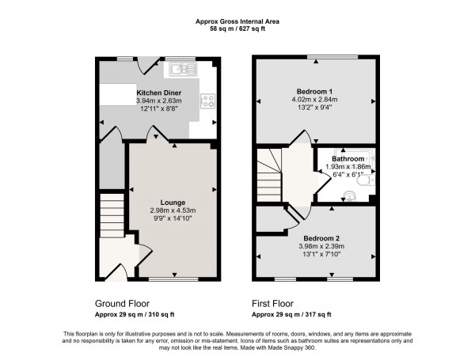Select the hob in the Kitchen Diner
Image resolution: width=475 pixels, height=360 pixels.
(209, 101)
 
